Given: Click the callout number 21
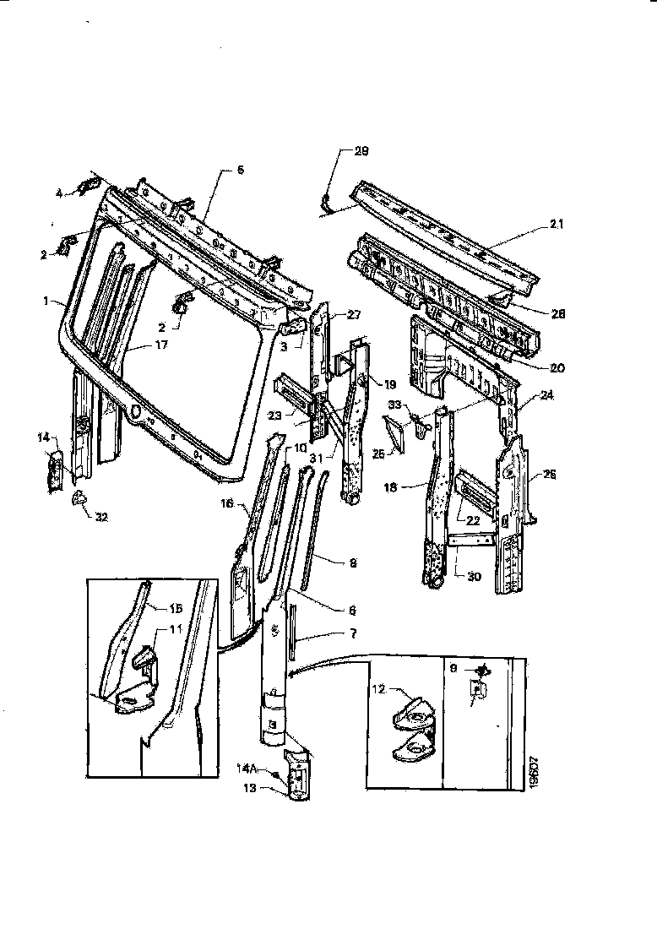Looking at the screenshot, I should [x=556, y=225].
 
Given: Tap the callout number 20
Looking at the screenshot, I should [x=557, y=367].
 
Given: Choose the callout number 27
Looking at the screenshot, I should [x=353, y=314].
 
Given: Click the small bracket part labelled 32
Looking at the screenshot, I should [x=79, y=499].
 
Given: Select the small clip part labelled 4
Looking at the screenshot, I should [x=87, y=187].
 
